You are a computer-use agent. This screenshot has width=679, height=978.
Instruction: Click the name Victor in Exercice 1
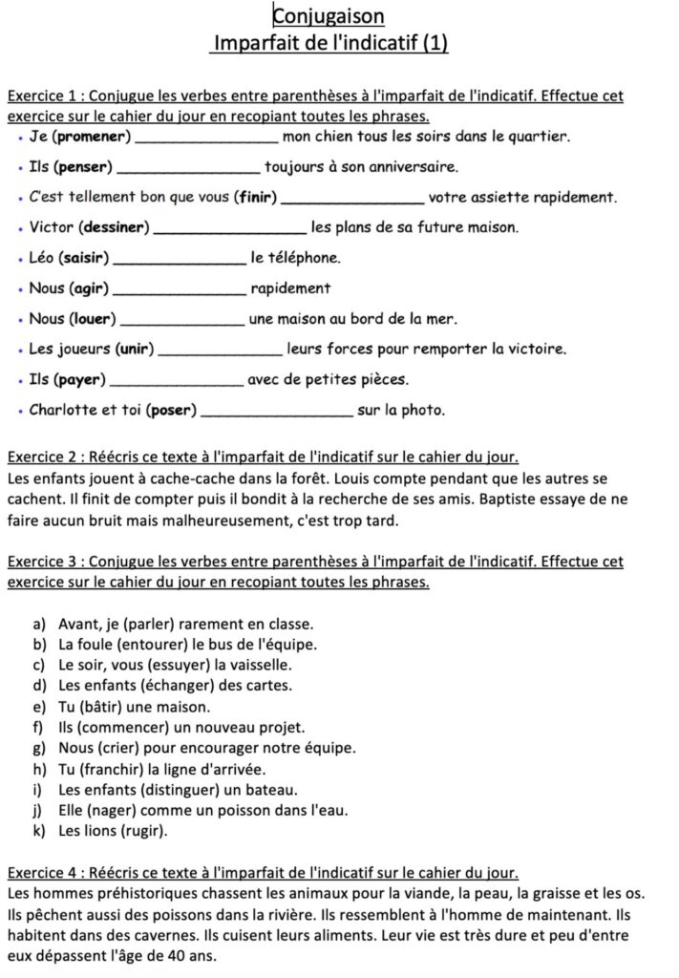click(52, 227)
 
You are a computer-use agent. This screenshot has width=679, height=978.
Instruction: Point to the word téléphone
click(295, 258)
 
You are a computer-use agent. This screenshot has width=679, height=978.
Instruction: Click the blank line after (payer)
click(178, 381)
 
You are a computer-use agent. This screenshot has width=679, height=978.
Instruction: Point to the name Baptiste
click(493, 500)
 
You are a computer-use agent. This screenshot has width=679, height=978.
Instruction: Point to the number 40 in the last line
click(178, 956)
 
